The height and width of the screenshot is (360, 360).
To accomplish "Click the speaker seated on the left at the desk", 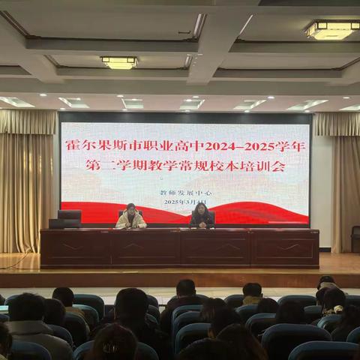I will pos(131,217).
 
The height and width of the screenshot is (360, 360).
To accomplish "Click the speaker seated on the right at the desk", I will pos(201,216).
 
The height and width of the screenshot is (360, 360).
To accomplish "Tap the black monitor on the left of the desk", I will pos(69,217).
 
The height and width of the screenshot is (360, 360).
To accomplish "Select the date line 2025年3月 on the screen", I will pos(183,202).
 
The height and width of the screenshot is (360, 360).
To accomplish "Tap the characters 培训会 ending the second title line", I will pos(266,167).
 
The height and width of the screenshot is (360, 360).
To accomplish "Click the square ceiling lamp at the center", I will pos(119,63).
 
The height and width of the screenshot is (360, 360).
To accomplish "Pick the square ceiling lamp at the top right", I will pos(331,30).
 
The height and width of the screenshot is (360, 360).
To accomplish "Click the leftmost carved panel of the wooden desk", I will pos(75,248).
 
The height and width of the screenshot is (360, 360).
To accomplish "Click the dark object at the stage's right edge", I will pos(355,238).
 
